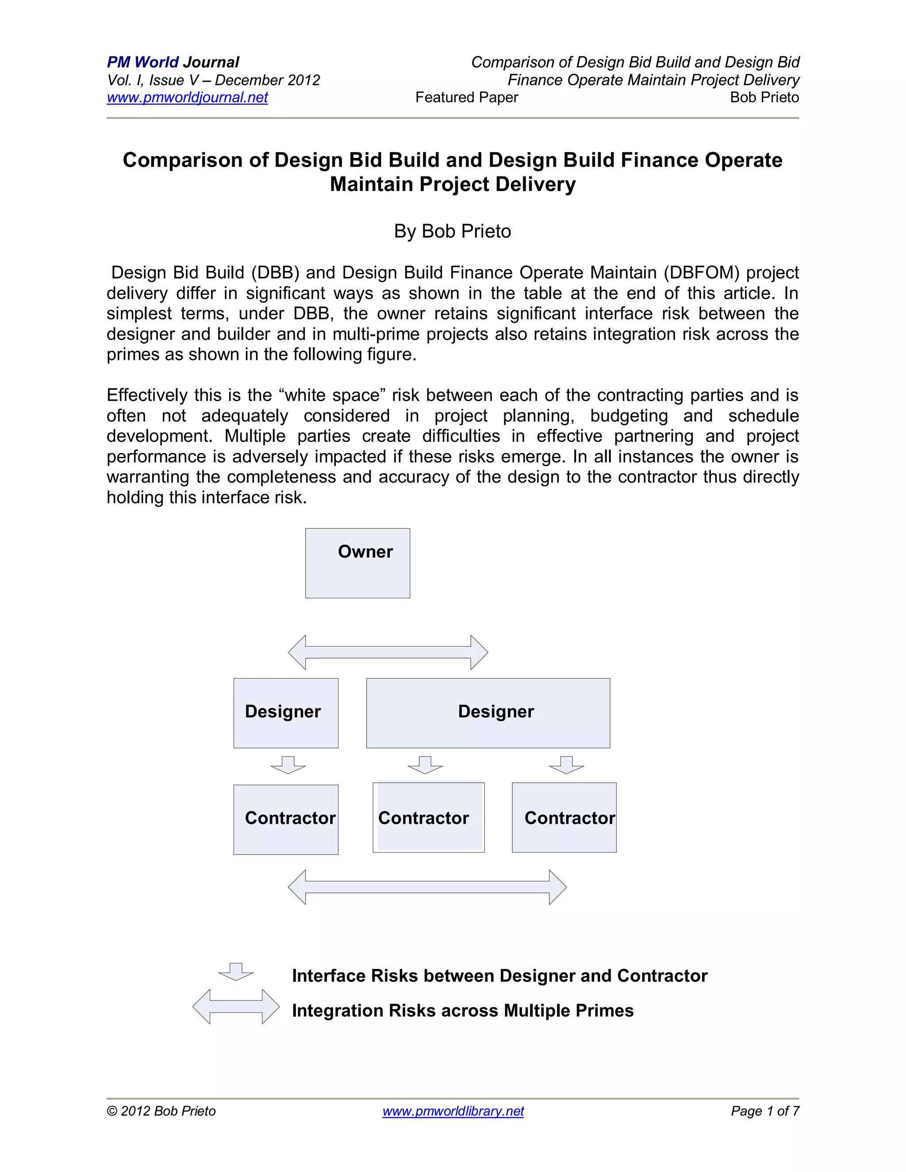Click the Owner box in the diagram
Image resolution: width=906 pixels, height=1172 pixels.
pos(357,563)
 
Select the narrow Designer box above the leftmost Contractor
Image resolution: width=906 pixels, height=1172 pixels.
pos(285,712)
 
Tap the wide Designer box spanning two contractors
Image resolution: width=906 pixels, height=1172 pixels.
pos(488,712)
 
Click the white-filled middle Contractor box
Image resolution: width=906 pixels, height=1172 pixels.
pos(428,817)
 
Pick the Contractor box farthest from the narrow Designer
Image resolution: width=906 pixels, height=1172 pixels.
pos(564,817)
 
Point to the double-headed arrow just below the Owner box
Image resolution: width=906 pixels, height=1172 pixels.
pos(388,652)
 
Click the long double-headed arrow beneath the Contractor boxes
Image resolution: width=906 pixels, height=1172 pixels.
pos(427,887)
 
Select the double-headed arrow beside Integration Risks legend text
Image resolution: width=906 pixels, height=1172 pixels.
pos(236,1006)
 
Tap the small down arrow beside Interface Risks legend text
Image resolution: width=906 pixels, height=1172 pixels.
pos(236,972)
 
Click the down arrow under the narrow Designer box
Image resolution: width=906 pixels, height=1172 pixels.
pos(288,765)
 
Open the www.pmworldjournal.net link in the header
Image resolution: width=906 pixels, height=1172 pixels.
pos(187,97)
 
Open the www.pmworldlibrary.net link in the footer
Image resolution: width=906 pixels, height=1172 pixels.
pos(453,1111)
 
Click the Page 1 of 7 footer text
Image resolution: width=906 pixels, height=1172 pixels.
pos(765,1111)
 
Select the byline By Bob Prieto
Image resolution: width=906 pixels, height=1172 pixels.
pos(453,231)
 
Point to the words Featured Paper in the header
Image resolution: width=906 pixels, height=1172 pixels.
pos(466,97)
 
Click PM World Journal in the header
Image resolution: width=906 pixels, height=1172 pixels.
pos(173,62)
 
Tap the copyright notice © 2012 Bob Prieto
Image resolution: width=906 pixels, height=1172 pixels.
pos(161,1111)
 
